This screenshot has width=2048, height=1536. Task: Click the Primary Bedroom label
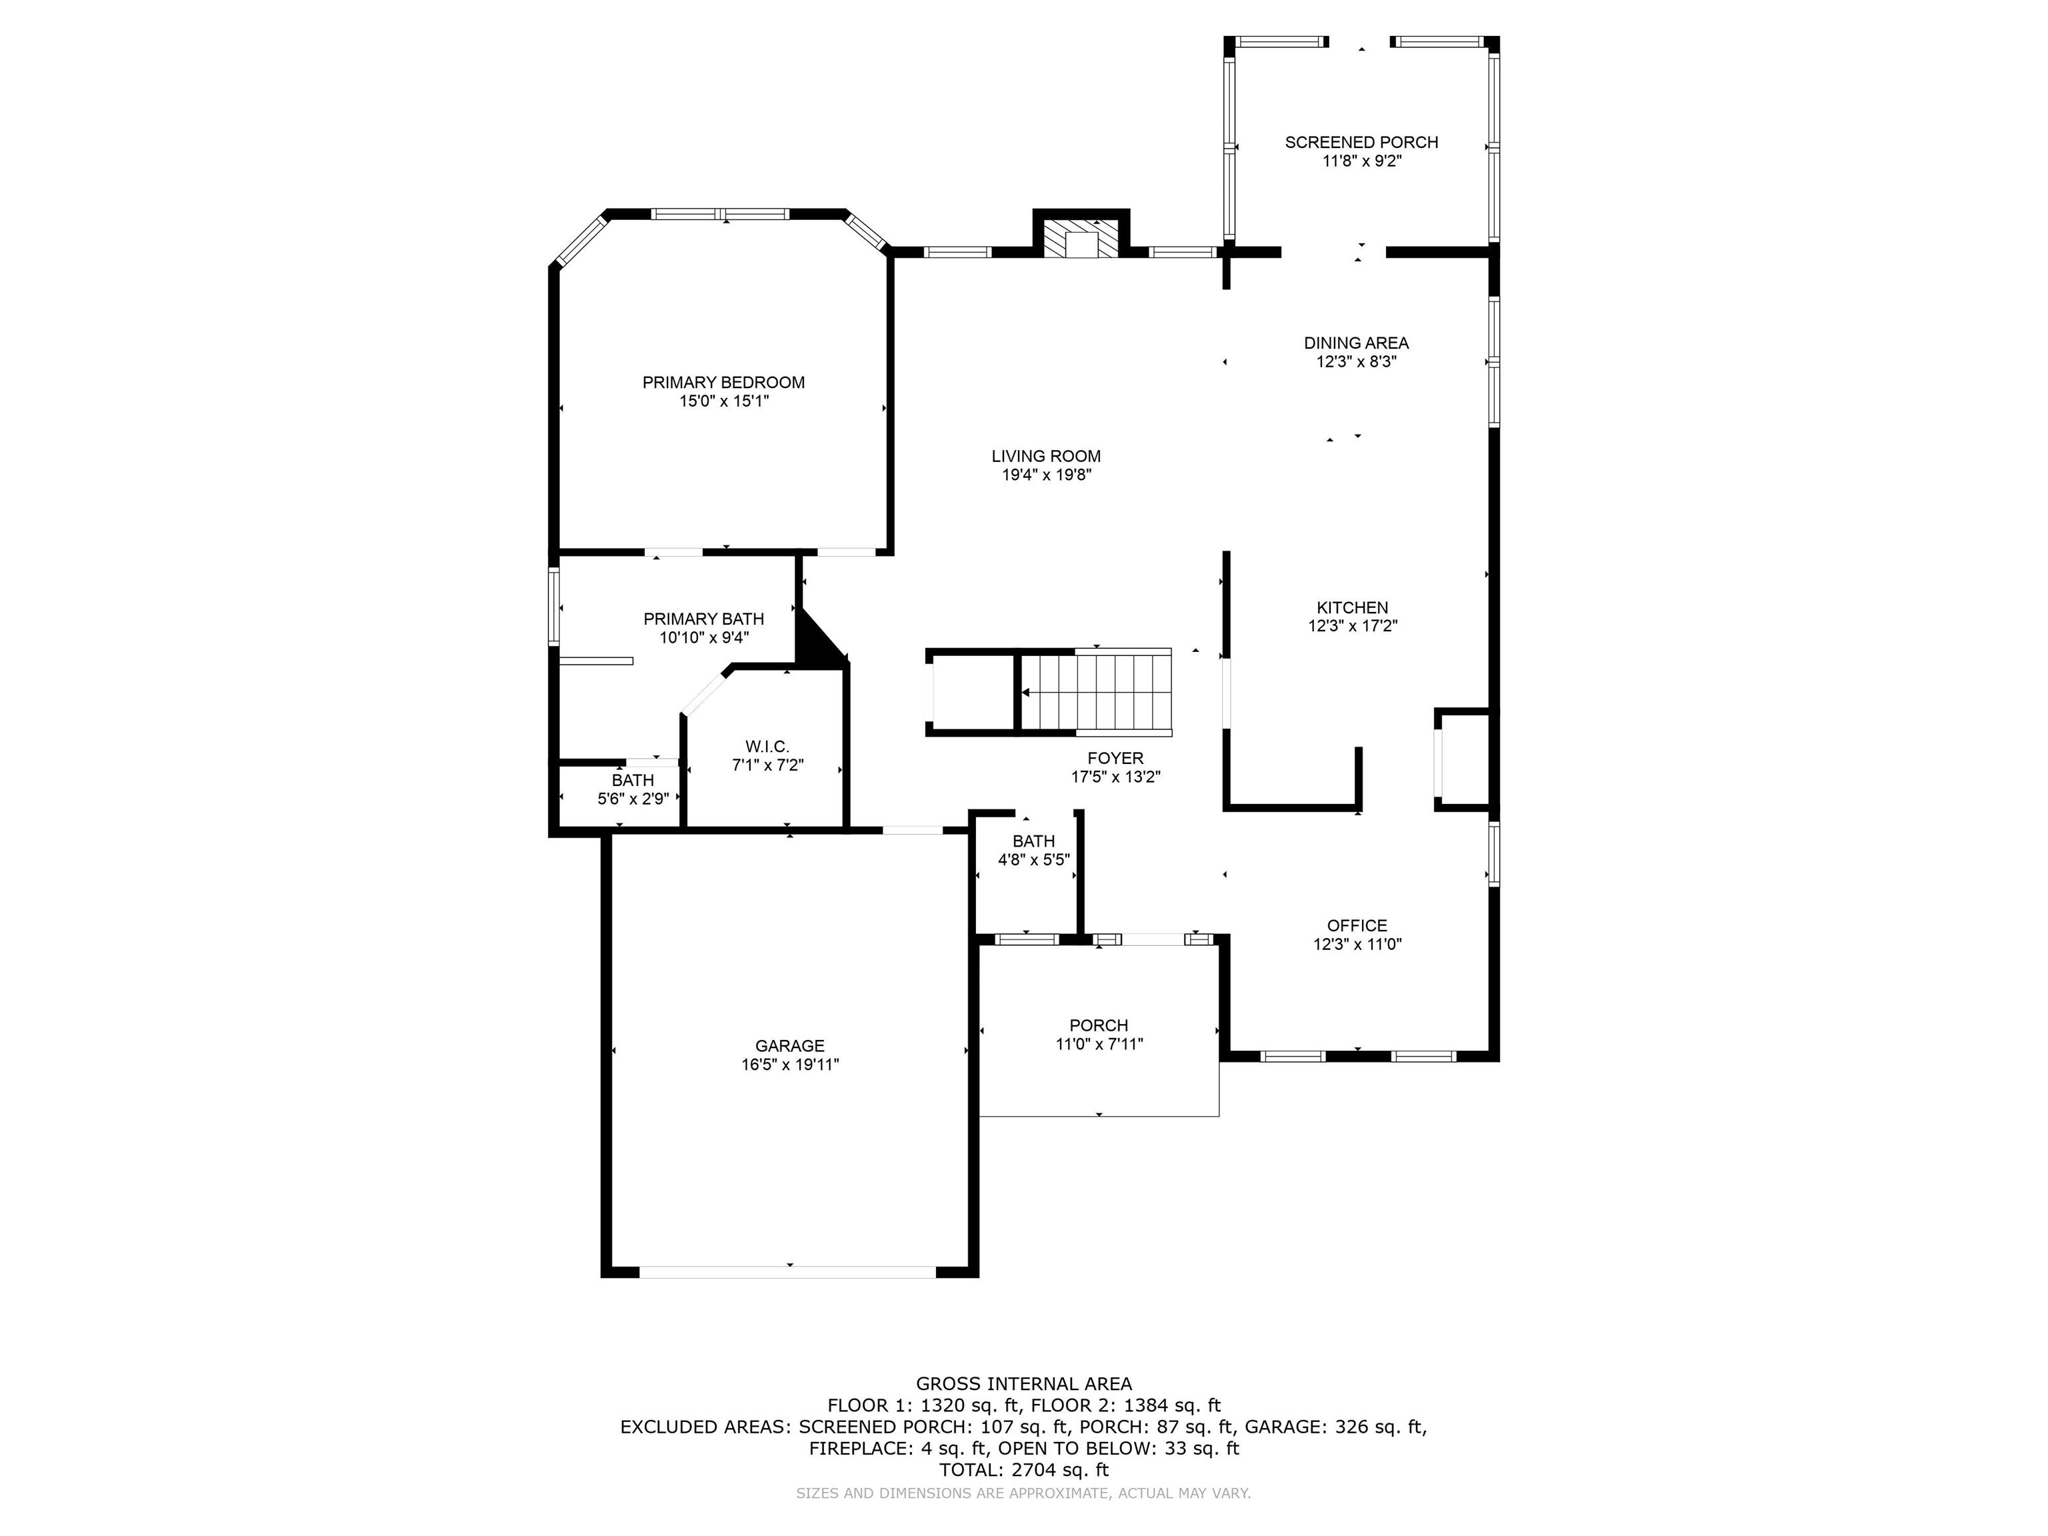[x=723, y=383]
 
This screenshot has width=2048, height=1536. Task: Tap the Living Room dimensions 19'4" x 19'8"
[x=1046, y=475]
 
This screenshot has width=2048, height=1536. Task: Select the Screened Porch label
[x=1361, y=143]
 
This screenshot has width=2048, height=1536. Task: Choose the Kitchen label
[x=1353, y=607]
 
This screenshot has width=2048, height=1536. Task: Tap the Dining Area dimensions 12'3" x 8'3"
[x=1357, y=362]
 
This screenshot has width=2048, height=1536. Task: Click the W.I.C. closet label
[x=767, y=746]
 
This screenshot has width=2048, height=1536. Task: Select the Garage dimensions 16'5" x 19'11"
[x=790, y=1065]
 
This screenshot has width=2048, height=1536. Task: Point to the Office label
[x=1357, y=926]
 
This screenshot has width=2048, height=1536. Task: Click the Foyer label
[x=1115, y=758]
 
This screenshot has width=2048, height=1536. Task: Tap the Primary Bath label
[x=703, y=619]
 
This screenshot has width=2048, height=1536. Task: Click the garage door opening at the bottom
[x=788, y=1272]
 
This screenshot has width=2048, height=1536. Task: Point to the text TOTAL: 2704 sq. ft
[x=1024, y=1469]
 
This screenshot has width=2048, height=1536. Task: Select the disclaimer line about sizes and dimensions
[x=1024, y=1493]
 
